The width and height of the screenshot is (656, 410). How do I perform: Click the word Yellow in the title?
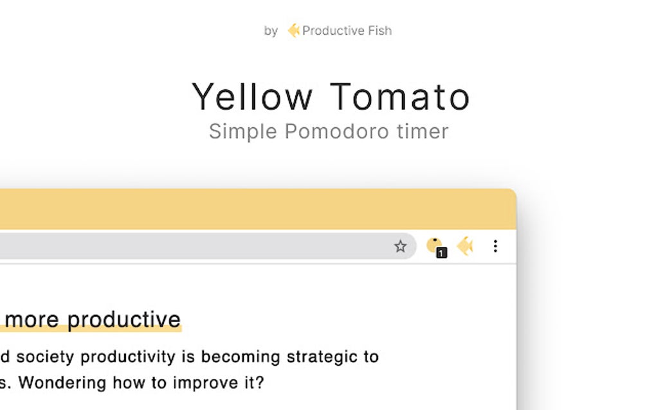pyautogui.click(x=252, y=97)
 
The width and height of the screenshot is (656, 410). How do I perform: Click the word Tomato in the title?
pyautogui.click(x=401, y=97)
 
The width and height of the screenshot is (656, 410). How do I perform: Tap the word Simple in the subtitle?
pyautogui.click(x=243, y=132)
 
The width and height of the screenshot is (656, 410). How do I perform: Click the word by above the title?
pyautogui.click(x=271, y=31)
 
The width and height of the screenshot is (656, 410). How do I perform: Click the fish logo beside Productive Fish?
pyautogui.click(x=293, y=30)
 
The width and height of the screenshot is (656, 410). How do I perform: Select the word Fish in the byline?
pyautogui.click(x=378, y=30)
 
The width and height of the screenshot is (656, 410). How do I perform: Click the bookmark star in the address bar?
pyautogui.click(x=401, y=246)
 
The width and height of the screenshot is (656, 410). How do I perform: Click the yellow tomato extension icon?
pyautogui.click(x=434, y=245)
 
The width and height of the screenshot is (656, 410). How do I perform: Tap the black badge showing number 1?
pyautogui.click(x=441, y=253)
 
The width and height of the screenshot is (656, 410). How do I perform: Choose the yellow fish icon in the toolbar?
pyautogui.click(x=465, y=246)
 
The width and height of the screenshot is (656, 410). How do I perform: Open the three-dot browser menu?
pyautogui.click(x=495, y=246)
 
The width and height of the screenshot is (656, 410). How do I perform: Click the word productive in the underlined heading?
pyautogui.click(x=124, y=319)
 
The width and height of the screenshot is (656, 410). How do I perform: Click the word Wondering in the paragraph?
pyautogui.click(x=62, y=383)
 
